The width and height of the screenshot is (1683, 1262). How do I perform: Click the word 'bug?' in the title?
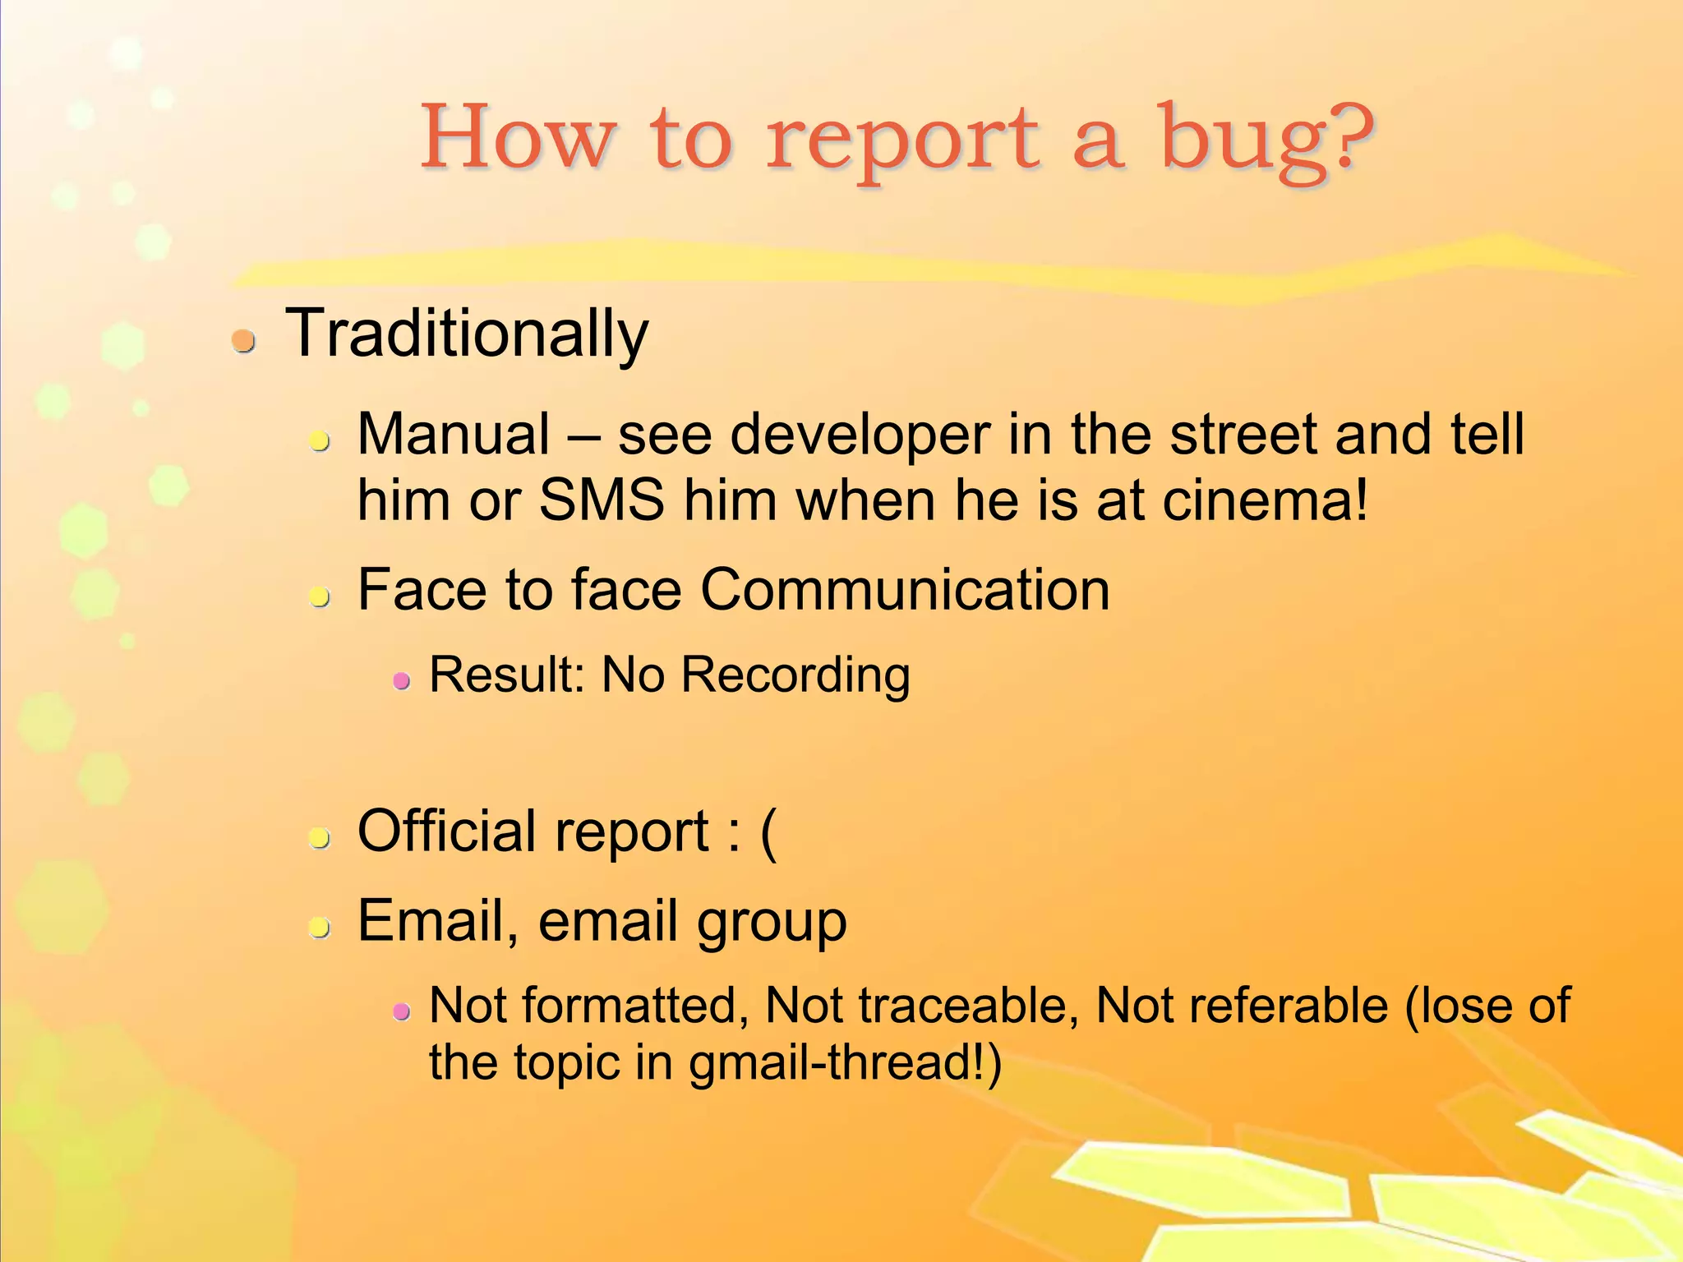coord(1266,140)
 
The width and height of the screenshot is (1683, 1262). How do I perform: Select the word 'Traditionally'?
coord(466,334)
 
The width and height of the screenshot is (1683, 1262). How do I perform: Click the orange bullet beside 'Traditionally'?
coord(243,339)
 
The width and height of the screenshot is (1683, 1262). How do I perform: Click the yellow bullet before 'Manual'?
coord(319,441)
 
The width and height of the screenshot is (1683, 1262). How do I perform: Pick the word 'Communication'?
coord(905,590)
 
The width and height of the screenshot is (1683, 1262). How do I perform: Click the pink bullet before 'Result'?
coord(401,680)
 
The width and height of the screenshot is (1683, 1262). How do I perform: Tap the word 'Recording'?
coord(795,675)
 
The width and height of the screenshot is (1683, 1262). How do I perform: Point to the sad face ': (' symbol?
coord(750,832)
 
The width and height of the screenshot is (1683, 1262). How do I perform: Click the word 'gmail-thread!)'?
coord(845,1062)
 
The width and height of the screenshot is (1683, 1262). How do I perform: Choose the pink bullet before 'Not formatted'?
coord(401,1011)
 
